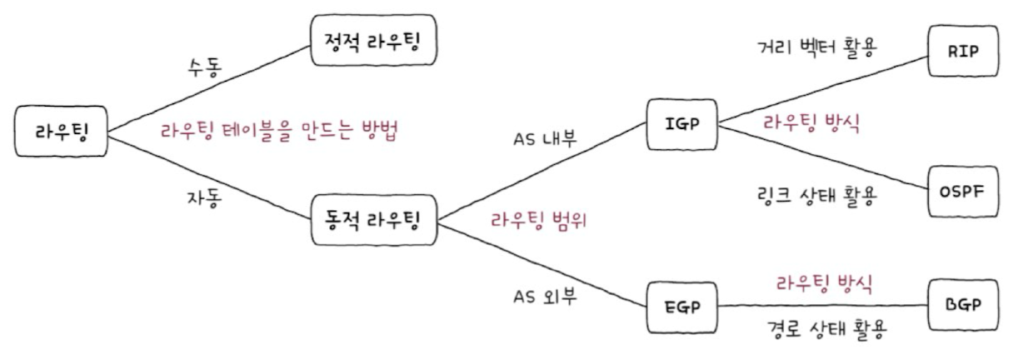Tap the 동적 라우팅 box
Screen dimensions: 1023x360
372,221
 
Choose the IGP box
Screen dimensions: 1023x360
682,125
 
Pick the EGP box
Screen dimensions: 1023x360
682,305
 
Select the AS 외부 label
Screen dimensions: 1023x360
545,297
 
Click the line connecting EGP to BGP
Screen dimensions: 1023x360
825,306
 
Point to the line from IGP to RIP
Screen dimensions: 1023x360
825,89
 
